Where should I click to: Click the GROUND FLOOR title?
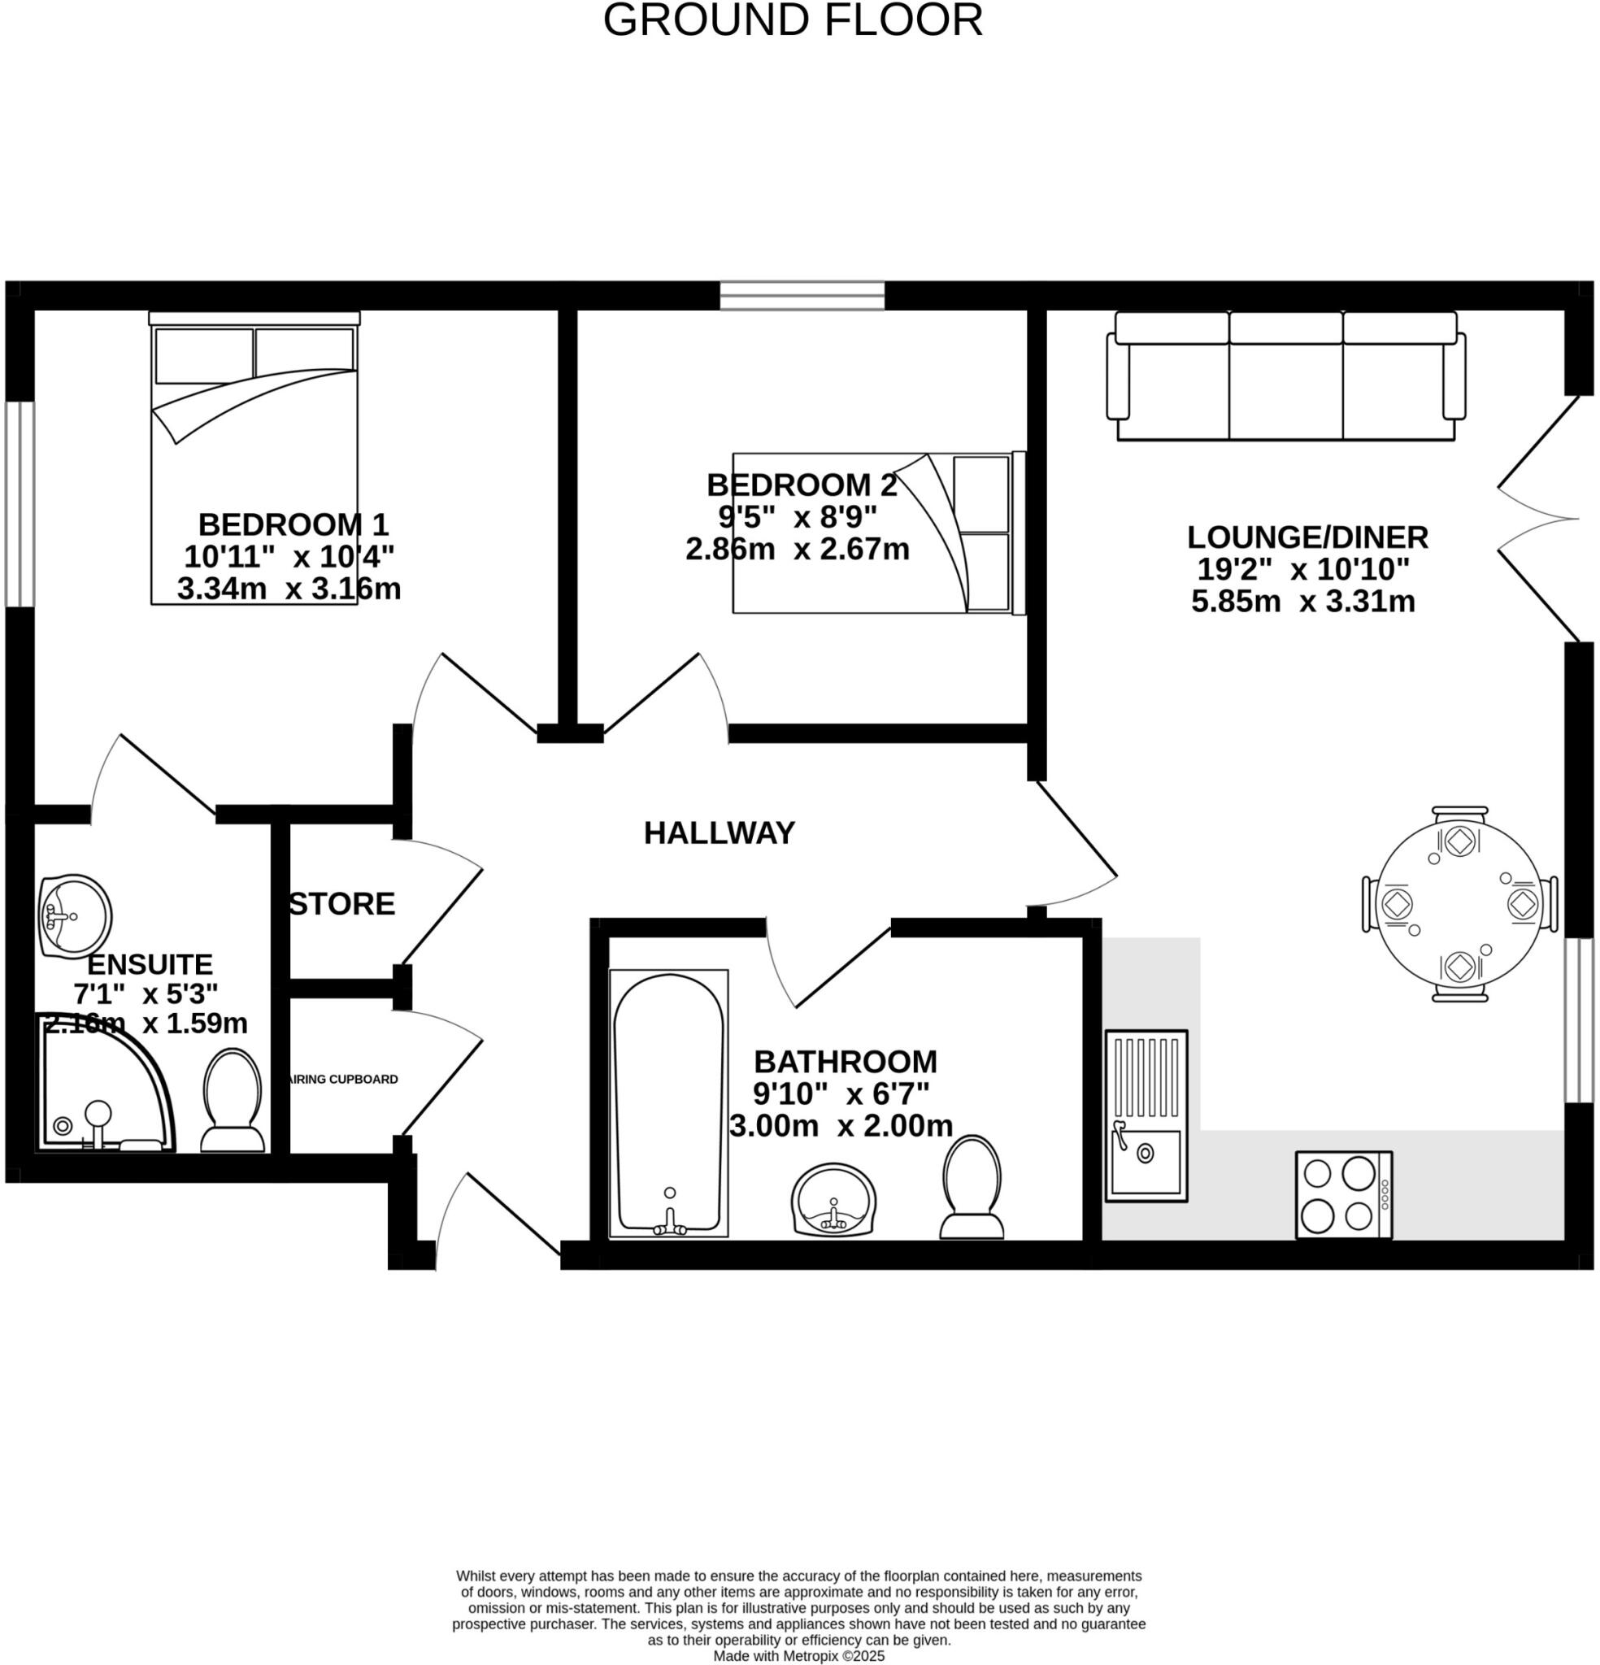click(792, 20)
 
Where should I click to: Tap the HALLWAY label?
click(719, 833)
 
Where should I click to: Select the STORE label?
click(341, 904)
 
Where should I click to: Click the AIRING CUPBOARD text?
click(343, 1079)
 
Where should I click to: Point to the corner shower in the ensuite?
click(102, 1087)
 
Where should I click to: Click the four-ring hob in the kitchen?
click(1342, 1194)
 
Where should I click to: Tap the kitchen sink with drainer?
click(1146, 1115)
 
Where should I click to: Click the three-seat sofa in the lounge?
click(1285, 376)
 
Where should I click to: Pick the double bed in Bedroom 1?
click(254, 459)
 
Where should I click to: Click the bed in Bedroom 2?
click(879, 533)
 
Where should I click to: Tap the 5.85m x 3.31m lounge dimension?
click(1302, 602)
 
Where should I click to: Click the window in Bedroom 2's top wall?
click(802, 295)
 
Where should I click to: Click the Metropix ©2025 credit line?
click(798, 1656)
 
